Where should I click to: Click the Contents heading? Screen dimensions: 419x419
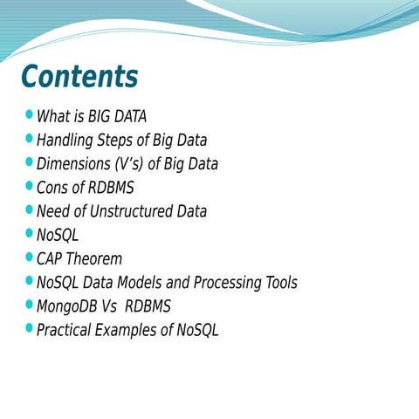(x=79, y=77)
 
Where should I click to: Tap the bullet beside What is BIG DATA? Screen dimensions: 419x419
(x=31, y=114)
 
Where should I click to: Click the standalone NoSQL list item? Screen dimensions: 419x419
(x=58, y=235)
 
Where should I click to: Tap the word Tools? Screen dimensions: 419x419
(x=278, y=283)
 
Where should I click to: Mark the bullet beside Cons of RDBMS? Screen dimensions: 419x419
(x=31, y=186)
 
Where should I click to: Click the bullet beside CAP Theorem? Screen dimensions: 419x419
(x=31, y=258)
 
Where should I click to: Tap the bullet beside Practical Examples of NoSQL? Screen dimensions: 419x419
(x=31, y=329)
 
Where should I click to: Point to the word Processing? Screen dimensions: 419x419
(x=215, y=283)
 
